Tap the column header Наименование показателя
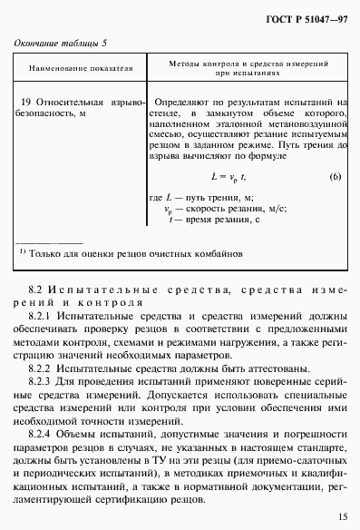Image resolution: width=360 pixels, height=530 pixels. (x=82, y=68)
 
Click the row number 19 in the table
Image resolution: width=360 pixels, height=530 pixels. (x=26, y=104)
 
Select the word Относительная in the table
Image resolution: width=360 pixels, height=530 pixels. (x=70, y=104)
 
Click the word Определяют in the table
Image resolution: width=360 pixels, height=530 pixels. (x=187, y=104)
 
